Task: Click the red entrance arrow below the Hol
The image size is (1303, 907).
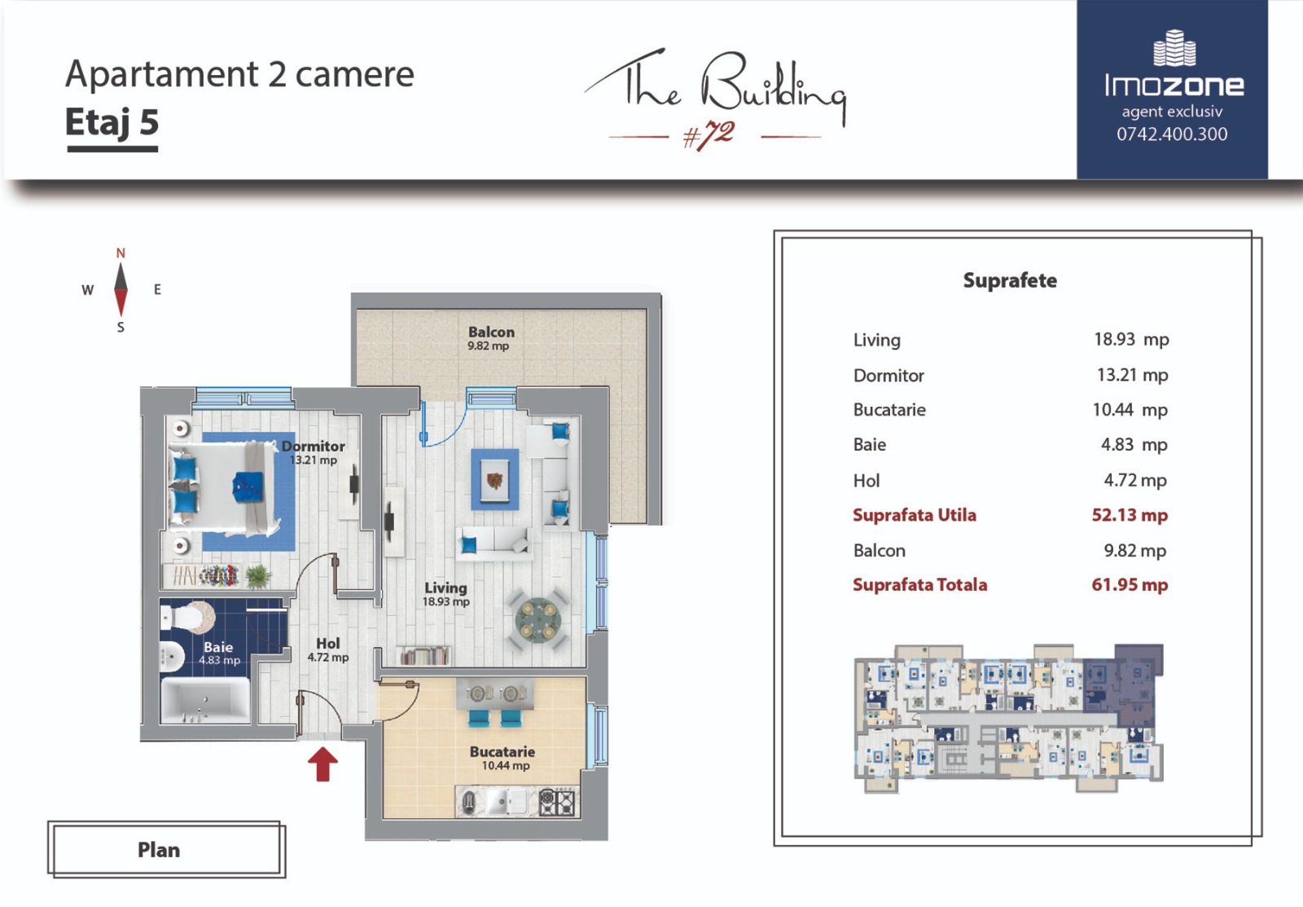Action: click(x=322, y=764)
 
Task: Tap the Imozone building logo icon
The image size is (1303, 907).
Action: click(x=1174, y=48)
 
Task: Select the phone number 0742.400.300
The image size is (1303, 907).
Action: click(x=1172, y=134)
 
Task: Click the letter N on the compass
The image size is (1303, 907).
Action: click(x=121, y=253)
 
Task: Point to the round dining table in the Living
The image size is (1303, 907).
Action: click(x=537, y=621)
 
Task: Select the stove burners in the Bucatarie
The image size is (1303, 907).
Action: click(x=557, y=803)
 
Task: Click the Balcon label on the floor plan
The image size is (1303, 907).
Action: click(x=492, y=332)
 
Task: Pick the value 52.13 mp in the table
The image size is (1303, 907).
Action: click(x=1130, y=515)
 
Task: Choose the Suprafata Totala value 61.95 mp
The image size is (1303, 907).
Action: click(x=1130, y=584)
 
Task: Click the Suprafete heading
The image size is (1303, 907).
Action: click(x=1010, y=280)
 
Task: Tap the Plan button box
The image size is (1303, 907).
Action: click(x=166, y=849)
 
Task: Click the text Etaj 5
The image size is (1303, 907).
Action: click(x=112, y=122)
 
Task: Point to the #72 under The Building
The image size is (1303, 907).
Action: click(x=709, y=135)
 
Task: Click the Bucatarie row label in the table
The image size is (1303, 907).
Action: click(x=889, y=410)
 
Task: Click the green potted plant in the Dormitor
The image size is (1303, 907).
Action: click(x=257, y=576)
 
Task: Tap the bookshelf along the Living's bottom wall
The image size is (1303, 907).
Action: click(x=424, y=655)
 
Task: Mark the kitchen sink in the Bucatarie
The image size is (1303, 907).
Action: click(x=505, y=803)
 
